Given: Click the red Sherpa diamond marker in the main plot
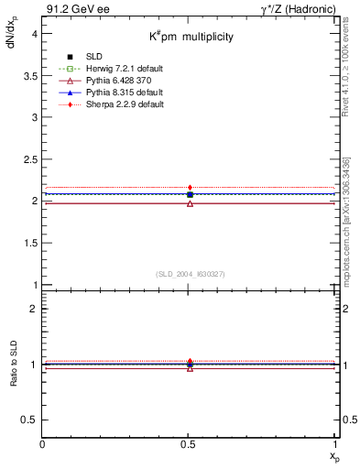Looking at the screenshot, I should point(190,188).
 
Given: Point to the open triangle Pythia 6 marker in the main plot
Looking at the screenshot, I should point(190,203).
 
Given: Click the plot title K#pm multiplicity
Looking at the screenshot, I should point(192,37).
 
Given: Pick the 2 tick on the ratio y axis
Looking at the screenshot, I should point(33,309).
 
